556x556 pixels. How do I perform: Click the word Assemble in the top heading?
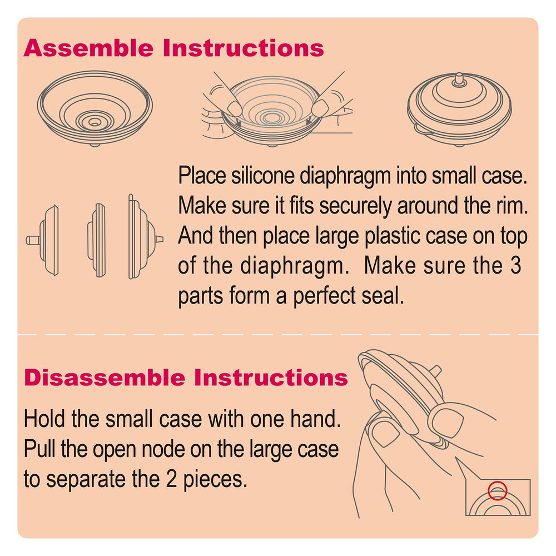tap(88, 48)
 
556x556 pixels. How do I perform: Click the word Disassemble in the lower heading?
tap(105, 378)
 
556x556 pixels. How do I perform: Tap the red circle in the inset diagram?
tap(497, 491)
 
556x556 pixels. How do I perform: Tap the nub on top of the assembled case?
tap(459, 80)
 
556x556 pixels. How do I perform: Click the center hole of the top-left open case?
tap(94, 122)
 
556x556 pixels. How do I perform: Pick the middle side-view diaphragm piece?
tap(97, 240)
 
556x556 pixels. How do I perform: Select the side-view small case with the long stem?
tap(42, 240)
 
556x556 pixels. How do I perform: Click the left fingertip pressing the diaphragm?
tap(234, 107)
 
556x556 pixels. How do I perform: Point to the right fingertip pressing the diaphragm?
tap(321, 107)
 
